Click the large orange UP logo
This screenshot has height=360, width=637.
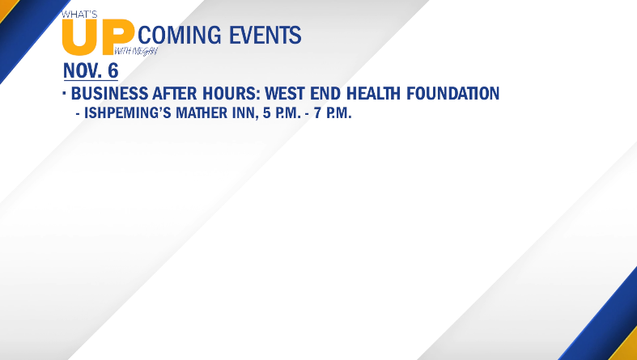point(98,37)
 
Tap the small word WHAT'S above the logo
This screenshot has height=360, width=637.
point(79,15)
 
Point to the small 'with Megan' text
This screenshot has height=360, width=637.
point(136,52)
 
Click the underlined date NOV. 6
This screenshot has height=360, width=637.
point(91,70)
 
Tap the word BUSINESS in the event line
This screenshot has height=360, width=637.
point(110,93)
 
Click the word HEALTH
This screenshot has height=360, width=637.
point(373,93)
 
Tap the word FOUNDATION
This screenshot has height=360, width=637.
point(453,93)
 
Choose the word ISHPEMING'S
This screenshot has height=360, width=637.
point(128,112)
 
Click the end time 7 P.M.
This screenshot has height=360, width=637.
point(333,112)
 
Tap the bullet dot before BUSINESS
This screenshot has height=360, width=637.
point(64,93)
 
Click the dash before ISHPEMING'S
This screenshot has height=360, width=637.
point(78,114)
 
